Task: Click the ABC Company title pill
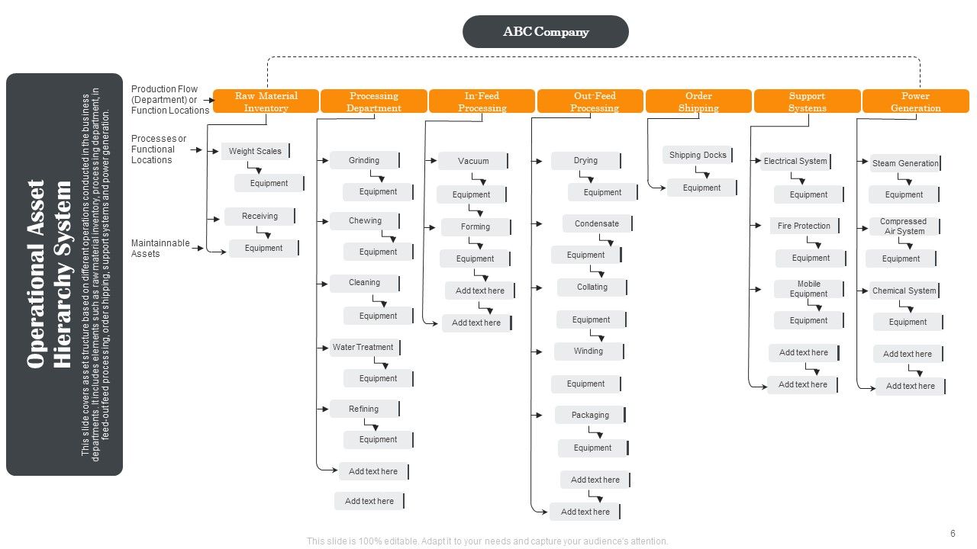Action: pos(545,32)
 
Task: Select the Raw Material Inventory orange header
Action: pos(266,101)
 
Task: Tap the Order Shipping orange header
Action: pos(698,101)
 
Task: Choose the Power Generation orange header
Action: pos(915,101)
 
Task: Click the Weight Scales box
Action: pos(256,151)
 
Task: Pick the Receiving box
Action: pos(260,216)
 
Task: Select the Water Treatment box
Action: pos(363,347)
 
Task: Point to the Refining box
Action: pos(364,409)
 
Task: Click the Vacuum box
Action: pos(473,161)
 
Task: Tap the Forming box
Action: pos(476,226)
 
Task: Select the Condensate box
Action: pos(597,223)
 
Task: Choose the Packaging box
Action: pos(591,415)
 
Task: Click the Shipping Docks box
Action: pos(698,155)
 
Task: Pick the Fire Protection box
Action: pos(804,226)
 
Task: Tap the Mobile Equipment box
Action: pos(809,289)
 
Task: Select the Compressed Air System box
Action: pos(904,226)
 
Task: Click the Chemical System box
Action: pos(904,291)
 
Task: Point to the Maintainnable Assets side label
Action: pos(160,249)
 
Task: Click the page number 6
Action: pos(953,534)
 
